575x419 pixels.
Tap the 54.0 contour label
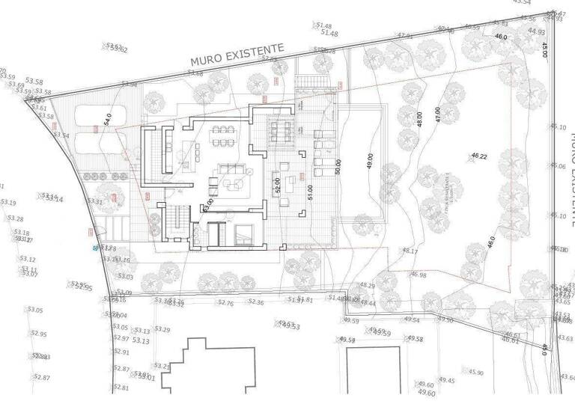tap(107, 120)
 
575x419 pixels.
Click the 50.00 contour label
tap(338, 167)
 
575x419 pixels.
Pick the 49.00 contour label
tap(369, 161)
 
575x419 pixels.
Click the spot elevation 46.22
tap(479, 156)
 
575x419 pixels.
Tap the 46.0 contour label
tap(500, 36)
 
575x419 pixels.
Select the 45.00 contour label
tap(544, 50)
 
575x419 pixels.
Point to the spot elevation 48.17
tap(410, 251)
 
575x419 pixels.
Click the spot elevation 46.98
tap(419, 275)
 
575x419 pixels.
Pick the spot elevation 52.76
tap(225, 303)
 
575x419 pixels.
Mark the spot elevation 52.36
tap(256, 302)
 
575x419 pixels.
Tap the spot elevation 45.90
tap(476, 372)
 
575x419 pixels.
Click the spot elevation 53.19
tap(8, 203)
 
